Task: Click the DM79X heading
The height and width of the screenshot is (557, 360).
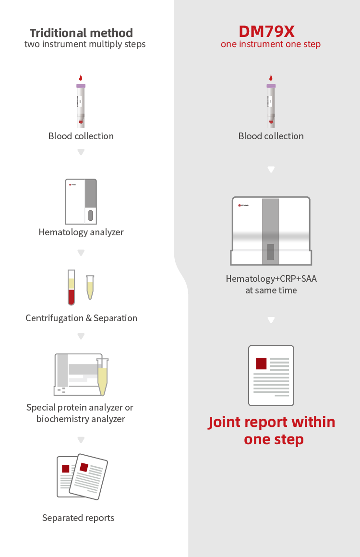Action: pyautogui.click(x=267, y=32)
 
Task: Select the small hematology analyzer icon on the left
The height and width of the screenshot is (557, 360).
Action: pyautogui.click(x=81, y=201)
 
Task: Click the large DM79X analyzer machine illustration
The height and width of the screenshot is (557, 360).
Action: pyautogui.click(x=271, y=230)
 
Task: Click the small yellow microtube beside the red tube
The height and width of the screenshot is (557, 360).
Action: pyautogui.click(x=90, y=287)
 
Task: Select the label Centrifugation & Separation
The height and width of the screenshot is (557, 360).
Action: pyautogui.click(x=81, y=318)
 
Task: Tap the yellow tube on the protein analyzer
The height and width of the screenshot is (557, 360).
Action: pyautogui.click(x=102, y=376)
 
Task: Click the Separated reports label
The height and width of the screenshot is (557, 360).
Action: pyautogui.click(x=78, y=518)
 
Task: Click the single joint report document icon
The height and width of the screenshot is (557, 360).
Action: pyautogui.click(x=271, y=375)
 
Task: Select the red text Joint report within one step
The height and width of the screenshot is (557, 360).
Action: pyautogui.click(x=272, y=430)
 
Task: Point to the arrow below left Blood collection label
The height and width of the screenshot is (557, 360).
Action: pyautogui.click(x=81, y=152)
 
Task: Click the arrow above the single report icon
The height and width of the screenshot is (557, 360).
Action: pyautogui.click(x=271, y=320)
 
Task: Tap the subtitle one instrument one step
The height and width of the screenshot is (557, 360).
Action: pyautogui.click(x=271, y=44)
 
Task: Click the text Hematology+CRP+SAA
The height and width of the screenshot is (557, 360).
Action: pyautogui.click(x=271, y=278)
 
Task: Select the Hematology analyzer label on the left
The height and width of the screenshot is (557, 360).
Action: pyautogui.click(x=81, y=232)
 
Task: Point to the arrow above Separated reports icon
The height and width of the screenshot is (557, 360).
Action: pyautogui.click(x=81, y=439)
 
